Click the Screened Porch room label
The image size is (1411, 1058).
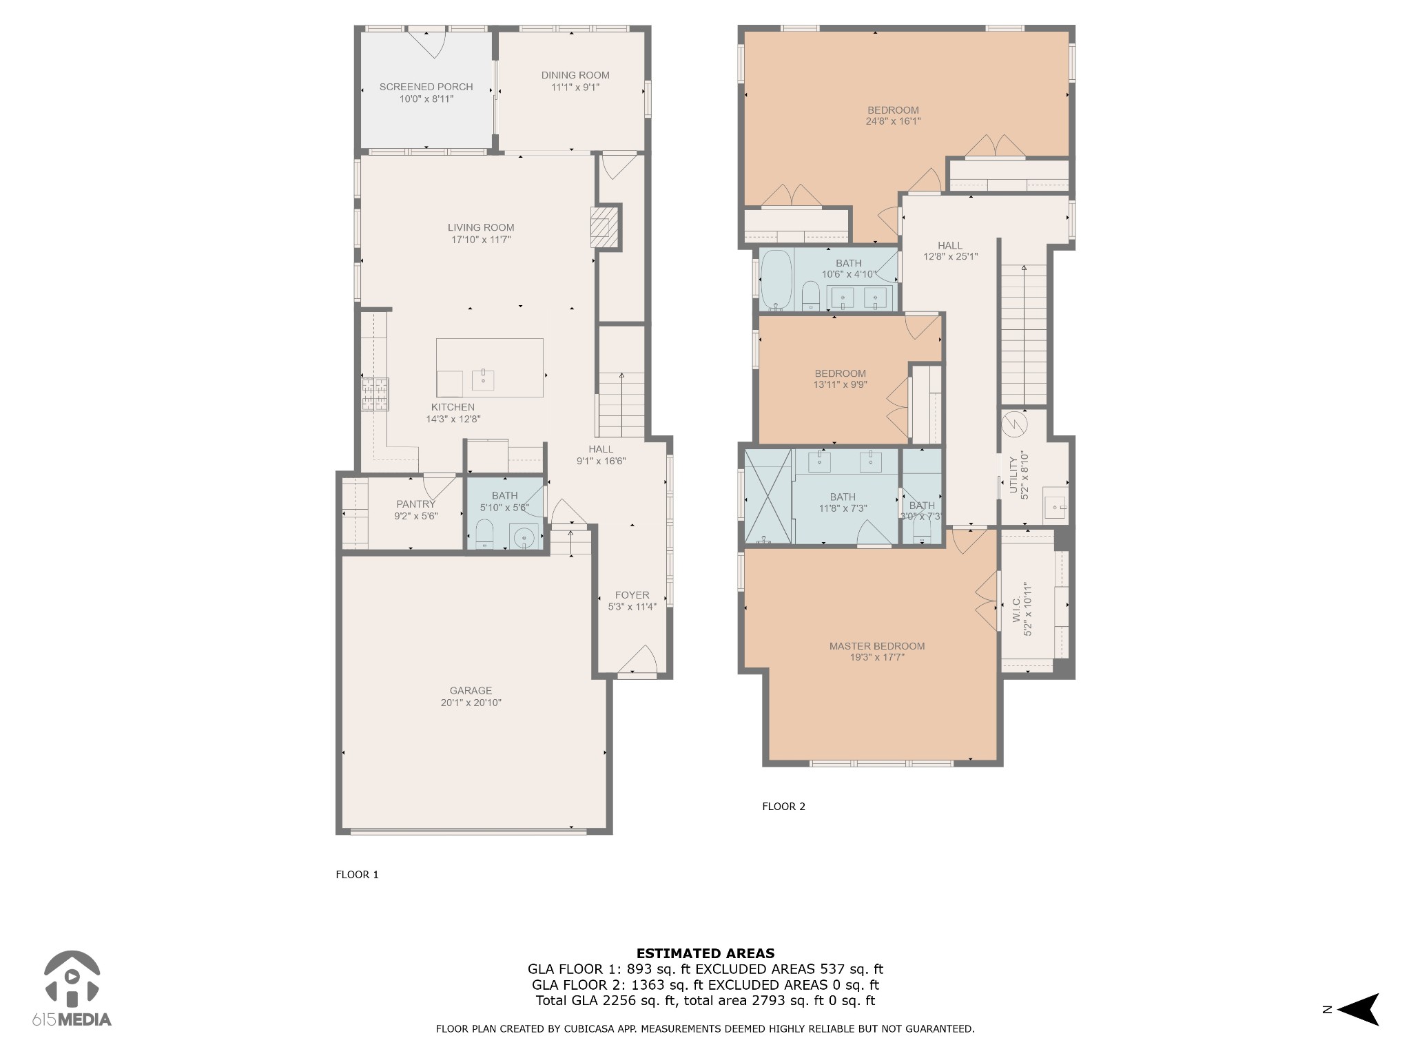426,87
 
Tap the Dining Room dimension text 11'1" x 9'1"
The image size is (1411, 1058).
575,87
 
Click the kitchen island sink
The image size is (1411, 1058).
483,380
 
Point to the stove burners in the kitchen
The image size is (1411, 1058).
375,395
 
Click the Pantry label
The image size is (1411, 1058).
415,504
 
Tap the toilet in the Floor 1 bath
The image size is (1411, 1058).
485,535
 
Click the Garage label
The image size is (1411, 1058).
471,690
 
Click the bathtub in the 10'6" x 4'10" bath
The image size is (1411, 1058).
776,280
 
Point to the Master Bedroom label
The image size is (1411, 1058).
876,646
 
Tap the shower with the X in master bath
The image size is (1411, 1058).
768,497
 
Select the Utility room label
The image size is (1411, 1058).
1013,475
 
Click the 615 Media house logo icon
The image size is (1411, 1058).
72,977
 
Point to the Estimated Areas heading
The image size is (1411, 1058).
705,954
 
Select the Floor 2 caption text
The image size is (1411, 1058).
783,807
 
